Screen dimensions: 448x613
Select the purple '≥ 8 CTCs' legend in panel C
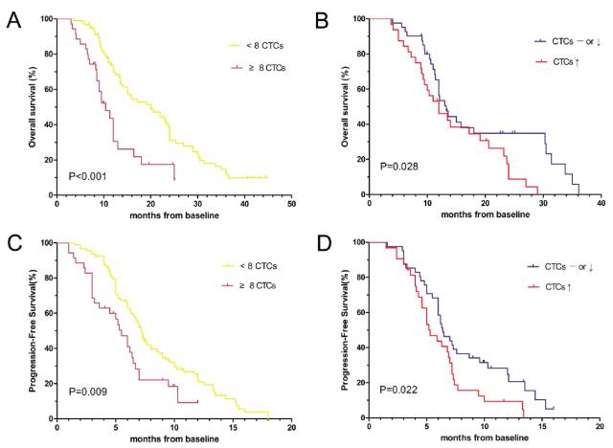253,285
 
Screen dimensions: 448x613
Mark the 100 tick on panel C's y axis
46,242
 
